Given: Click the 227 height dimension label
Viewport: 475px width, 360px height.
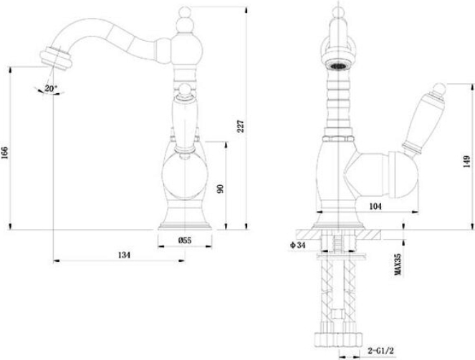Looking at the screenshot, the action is (240, 126).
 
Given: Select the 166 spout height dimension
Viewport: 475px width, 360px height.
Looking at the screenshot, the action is (5, 152).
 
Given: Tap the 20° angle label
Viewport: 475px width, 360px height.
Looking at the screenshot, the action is (51, 89).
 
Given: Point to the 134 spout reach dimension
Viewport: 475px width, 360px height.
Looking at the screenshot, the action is (124, 255).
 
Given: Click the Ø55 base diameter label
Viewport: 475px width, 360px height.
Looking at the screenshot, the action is (185, 240).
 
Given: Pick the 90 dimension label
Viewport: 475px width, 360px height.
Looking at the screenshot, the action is (220, 188).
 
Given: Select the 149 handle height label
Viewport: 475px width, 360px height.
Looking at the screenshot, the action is (467, 162).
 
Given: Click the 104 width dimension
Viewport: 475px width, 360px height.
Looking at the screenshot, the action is (375, 206).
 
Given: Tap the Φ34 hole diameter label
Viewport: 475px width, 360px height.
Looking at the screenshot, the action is (297, 245).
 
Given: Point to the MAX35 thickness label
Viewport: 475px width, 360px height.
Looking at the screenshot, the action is (398, 264).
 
